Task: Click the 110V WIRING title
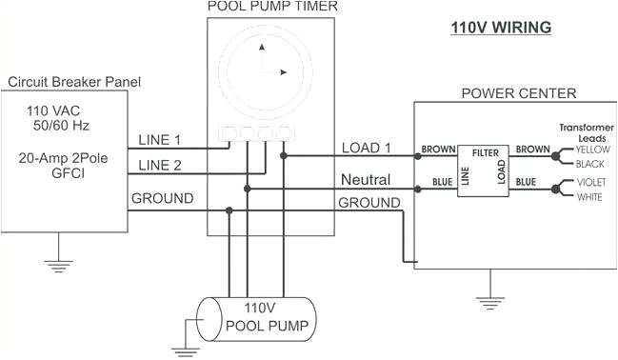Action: click(501, 28)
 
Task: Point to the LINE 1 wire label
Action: click(160, 140)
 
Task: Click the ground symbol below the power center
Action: click(489, 303)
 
